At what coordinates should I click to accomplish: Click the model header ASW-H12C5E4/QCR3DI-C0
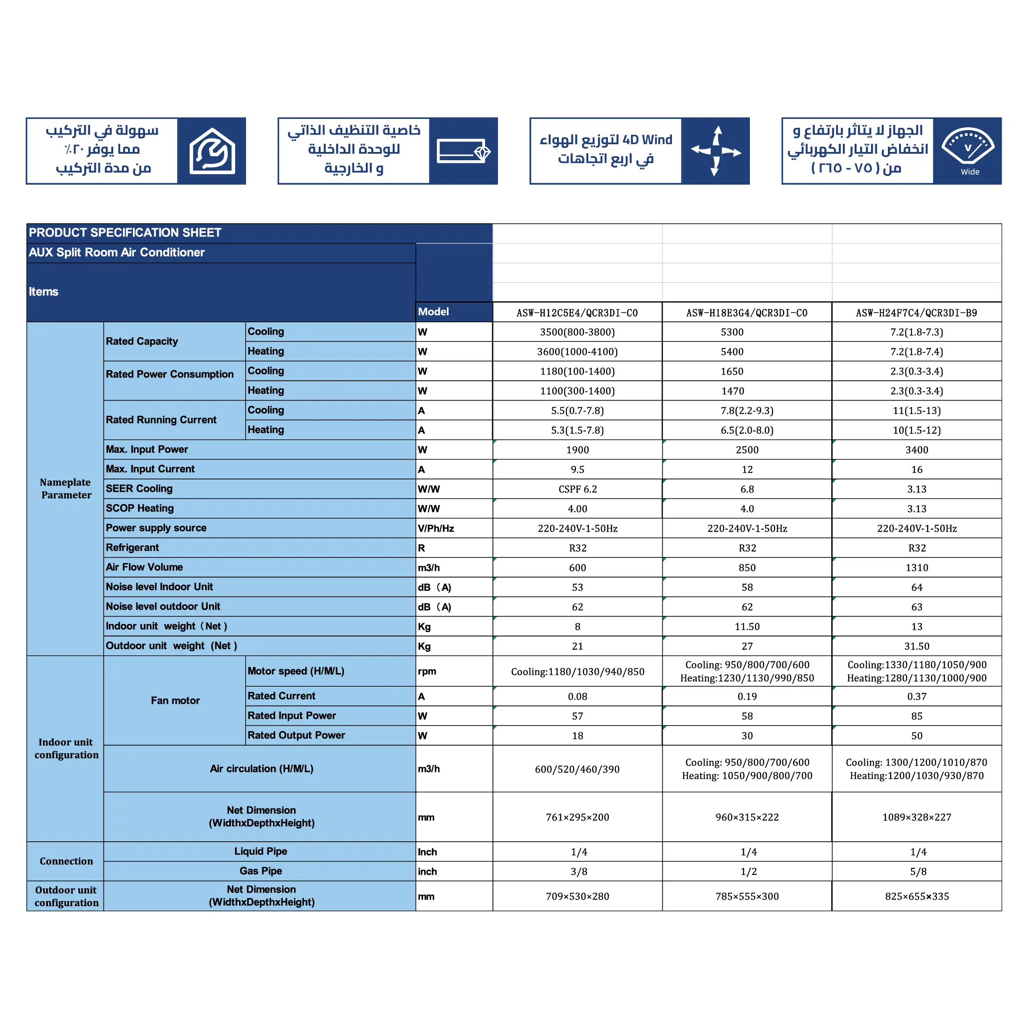pyautogui.click(x=577, y=313)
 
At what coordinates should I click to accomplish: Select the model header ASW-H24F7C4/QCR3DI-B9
pyautogui.click(x=916, y=313)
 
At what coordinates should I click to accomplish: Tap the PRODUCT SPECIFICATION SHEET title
pyautogui.click(x=125, y=233)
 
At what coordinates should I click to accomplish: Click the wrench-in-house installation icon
pyautogui.click(x=212, y=151)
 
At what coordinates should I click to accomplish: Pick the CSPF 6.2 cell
pyautogui.click(x=577, y=489)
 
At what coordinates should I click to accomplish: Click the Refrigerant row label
pyautogui.click(x=133, y=547)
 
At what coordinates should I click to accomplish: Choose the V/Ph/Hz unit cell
pyautogui.click(x=435, y=528)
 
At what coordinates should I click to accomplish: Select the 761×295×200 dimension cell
pyautogui.click(x=577, y=817)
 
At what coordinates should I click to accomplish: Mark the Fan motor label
pyautogui.click(x=175, y=700)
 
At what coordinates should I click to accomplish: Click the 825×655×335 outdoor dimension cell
pyautogui.click(x=917, y=896)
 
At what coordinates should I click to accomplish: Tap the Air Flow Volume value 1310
pyautogui.click(x=917, y=568)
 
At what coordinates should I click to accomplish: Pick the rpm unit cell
pyautogui.click(x=427, y=671)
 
